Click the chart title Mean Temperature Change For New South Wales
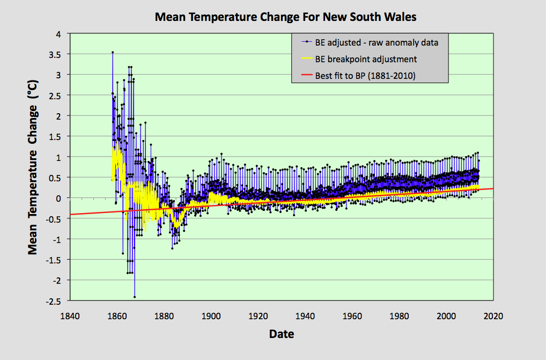285,17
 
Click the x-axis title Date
282,334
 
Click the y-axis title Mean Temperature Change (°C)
33,179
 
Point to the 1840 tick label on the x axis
70,315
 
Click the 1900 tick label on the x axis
211,315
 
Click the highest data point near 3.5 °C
112,52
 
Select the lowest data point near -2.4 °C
135,297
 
